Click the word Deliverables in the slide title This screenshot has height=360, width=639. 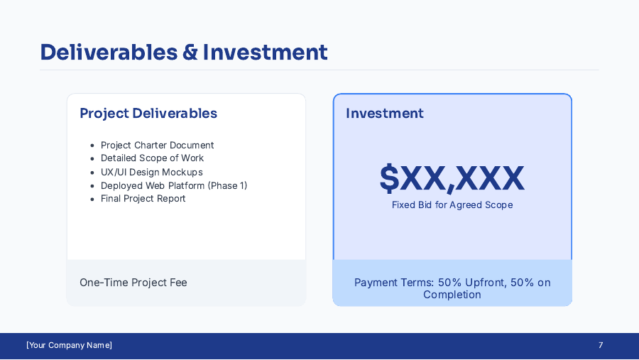coord(109,52)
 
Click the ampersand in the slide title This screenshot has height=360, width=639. coord(190,52)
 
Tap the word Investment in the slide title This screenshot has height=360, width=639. coord(265,52)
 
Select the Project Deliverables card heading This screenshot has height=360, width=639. coord(148,114)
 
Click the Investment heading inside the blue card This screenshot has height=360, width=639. coord(385,114)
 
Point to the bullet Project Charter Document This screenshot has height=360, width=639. coord(158,145)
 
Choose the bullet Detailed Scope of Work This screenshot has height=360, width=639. coord(152,158)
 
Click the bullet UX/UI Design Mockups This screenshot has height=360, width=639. coord(152,172)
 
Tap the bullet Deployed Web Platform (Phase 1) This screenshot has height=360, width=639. coord(174,185)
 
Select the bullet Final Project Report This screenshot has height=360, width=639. coord(143,199)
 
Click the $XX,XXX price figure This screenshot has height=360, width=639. coord(452,178)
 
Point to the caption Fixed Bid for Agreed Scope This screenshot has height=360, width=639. coord(452,204)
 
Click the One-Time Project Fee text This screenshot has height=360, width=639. coord(133,283)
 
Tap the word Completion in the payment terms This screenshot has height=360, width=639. coord(452,295)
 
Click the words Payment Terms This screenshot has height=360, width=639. coord(394,283)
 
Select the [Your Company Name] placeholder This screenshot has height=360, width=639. coord(70,345)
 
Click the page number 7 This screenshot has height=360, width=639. coord(601,345)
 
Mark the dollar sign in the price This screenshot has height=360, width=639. coord(389,178)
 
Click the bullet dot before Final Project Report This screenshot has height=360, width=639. coord(92,200)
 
